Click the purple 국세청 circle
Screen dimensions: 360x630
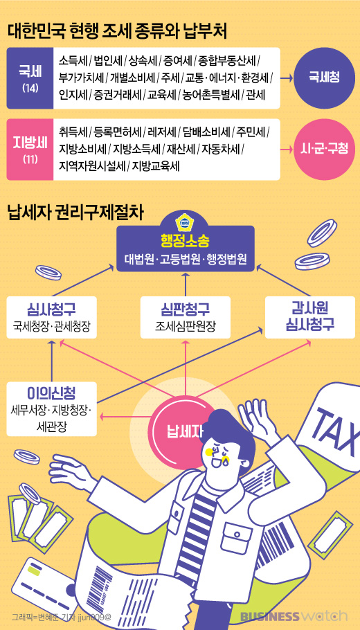point(324,78)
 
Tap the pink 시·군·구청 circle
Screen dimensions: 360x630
point(324,149)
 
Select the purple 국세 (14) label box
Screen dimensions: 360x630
point(30,78)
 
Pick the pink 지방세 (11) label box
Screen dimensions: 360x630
point(30,150)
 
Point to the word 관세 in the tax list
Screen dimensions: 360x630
point(255,95)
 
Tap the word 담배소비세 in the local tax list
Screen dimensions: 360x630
point(206,132)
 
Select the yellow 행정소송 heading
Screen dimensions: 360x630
point(186,241)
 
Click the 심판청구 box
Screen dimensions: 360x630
point(186,317)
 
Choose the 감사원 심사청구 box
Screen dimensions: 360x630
point(310,317)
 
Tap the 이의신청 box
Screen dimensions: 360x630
point(52,408)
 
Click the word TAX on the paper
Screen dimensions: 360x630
point(336,429)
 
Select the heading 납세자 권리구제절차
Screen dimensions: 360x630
point(75,213)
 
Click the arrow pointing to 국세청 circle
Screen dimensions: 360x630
point(286,78)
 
